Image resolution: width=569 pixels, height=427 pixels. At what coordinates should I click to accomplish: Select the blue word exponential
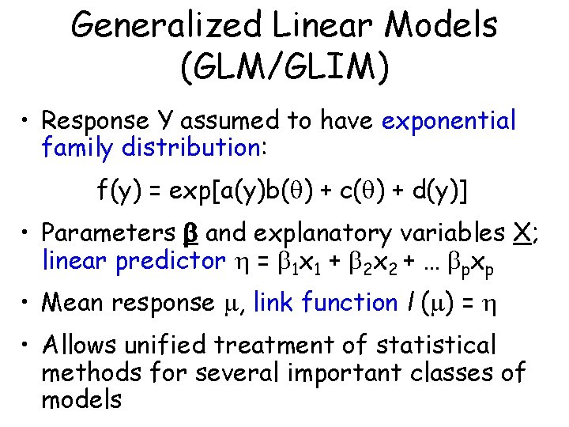449,121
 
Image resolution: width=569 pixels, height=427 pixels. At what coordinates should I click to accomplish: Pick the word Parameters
107,234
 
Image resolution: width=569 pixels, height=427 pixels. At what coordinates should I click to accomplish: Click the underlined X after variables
520,233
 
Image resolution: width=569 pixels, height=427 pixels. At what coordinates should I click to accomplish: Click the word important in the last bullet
357,372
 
